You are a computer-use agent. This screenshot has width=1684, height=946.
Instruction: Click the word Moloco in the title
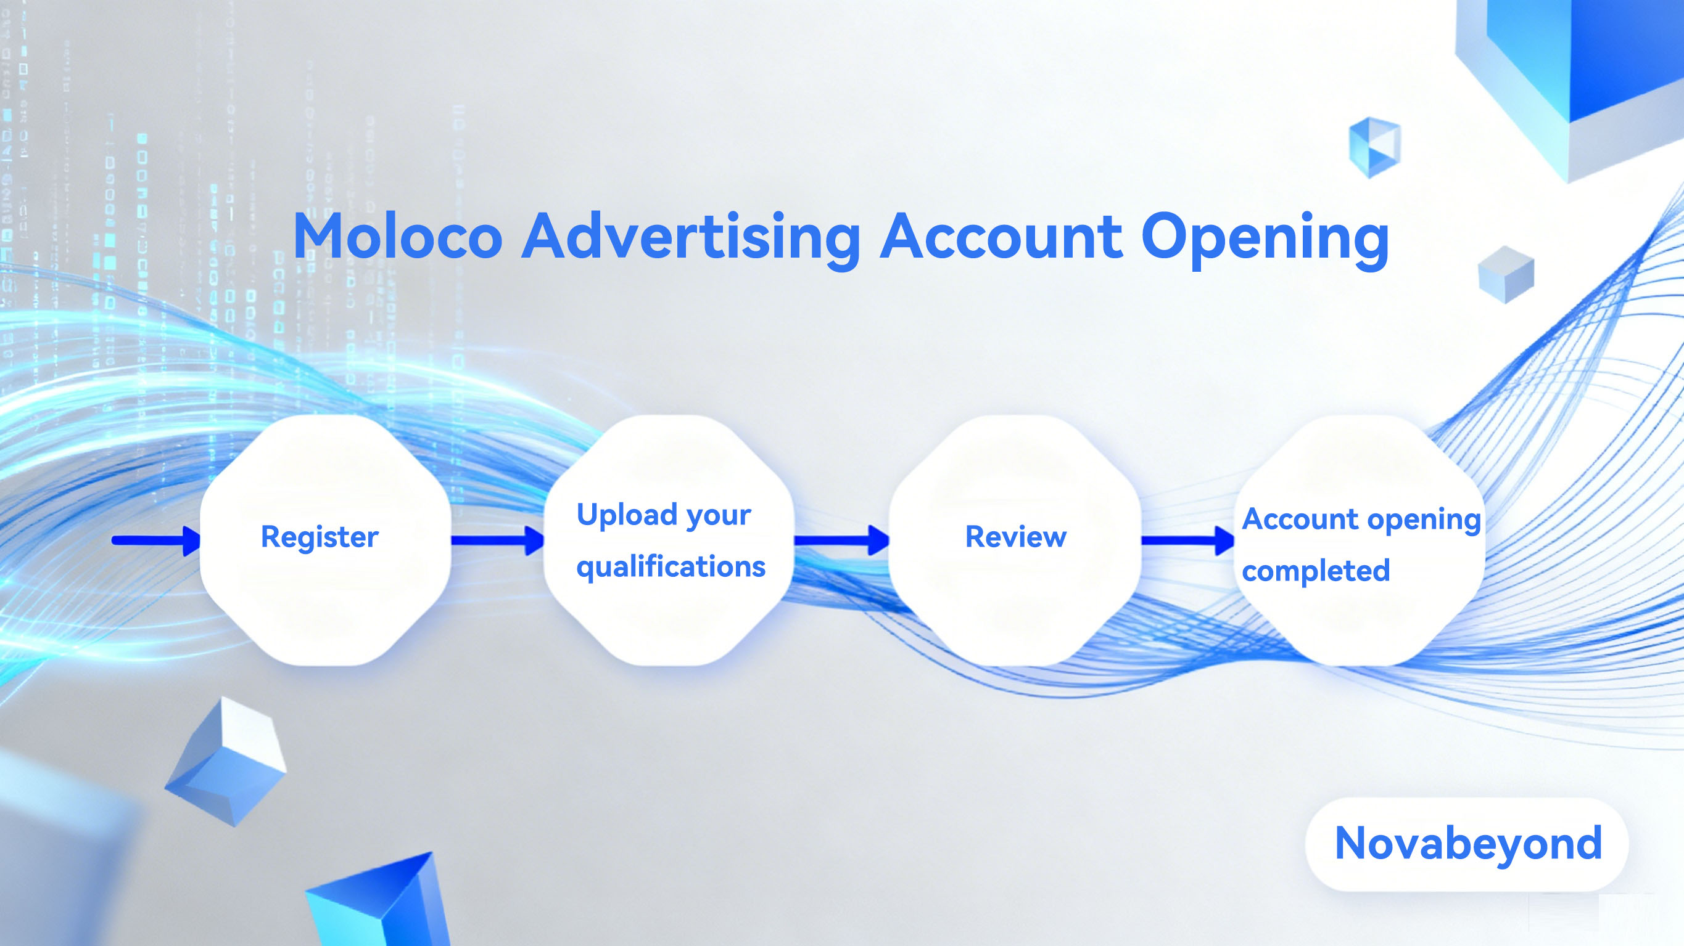pyautogui.click(x=398, y=236)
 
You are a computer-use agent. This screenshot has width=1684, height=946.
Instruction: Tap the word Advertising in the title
pyautogui.click(x=691, y=239)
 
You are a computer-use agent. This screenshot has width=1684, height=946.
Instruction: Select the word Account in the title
pyautogui.click(x=1001, y=236)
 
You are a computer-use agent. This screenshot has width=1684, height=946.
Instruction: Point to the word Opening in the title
pyautogui.click(x=1265, y=240)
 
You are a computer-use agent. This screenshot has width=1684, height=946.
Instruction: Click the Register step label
pyautogui.click(x=320, y=537)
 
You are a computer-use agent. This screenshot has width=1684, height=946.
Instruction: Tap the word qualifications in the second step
pyautogui.click(x=671, y=566)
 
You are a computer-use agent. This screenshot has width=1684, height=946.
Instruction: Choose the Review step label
pyautogui.click(x=1016, y=536)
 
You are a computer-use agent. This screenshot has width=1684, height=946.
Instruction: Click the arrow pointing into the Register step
pyautogui.click(x=156, y=540)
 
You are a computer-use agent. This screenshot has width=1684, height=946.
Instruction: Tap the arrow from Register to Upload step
pyautogui.click(x=497, y=540)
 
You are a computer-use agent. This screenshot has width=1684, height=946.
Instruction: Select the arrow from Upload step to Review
pyautogui.click(x=841, y=540)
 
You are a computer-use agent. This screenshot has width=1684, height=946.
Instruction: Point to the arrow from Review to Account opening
pyautogui.click(x=1188, y=540)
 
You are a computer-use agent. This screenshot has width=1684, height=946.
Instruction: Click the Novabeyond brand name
pyautogui.click(x=1468, y=844)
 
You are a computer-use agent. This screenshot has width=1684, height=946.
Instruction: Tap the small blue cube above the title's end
pyautogui.click(x=1375, y=148)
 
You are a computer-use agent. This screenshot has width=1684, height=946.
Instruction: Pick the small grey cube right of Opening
pyautogui.click(x=1506, y=274)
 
